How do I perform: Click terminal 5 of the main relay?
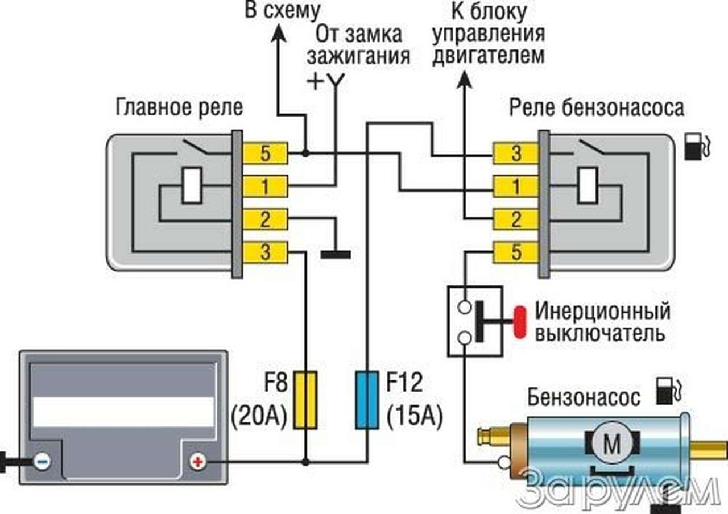[266, 153]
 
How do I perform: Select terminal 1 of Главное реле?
[266, 186]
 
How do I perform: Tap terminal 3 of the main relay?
[266, 252]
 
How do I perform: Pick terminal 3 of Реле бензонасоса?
[516, 154]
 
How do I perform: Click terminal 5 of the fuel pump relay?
[516, 252]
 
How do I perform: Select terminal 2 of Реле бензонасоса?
[516, 219]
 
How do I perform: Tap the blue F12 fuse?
[367, 400]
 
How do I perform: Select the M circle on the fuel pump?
[612, 444]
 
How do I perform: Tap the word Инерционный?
[602, 312]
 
